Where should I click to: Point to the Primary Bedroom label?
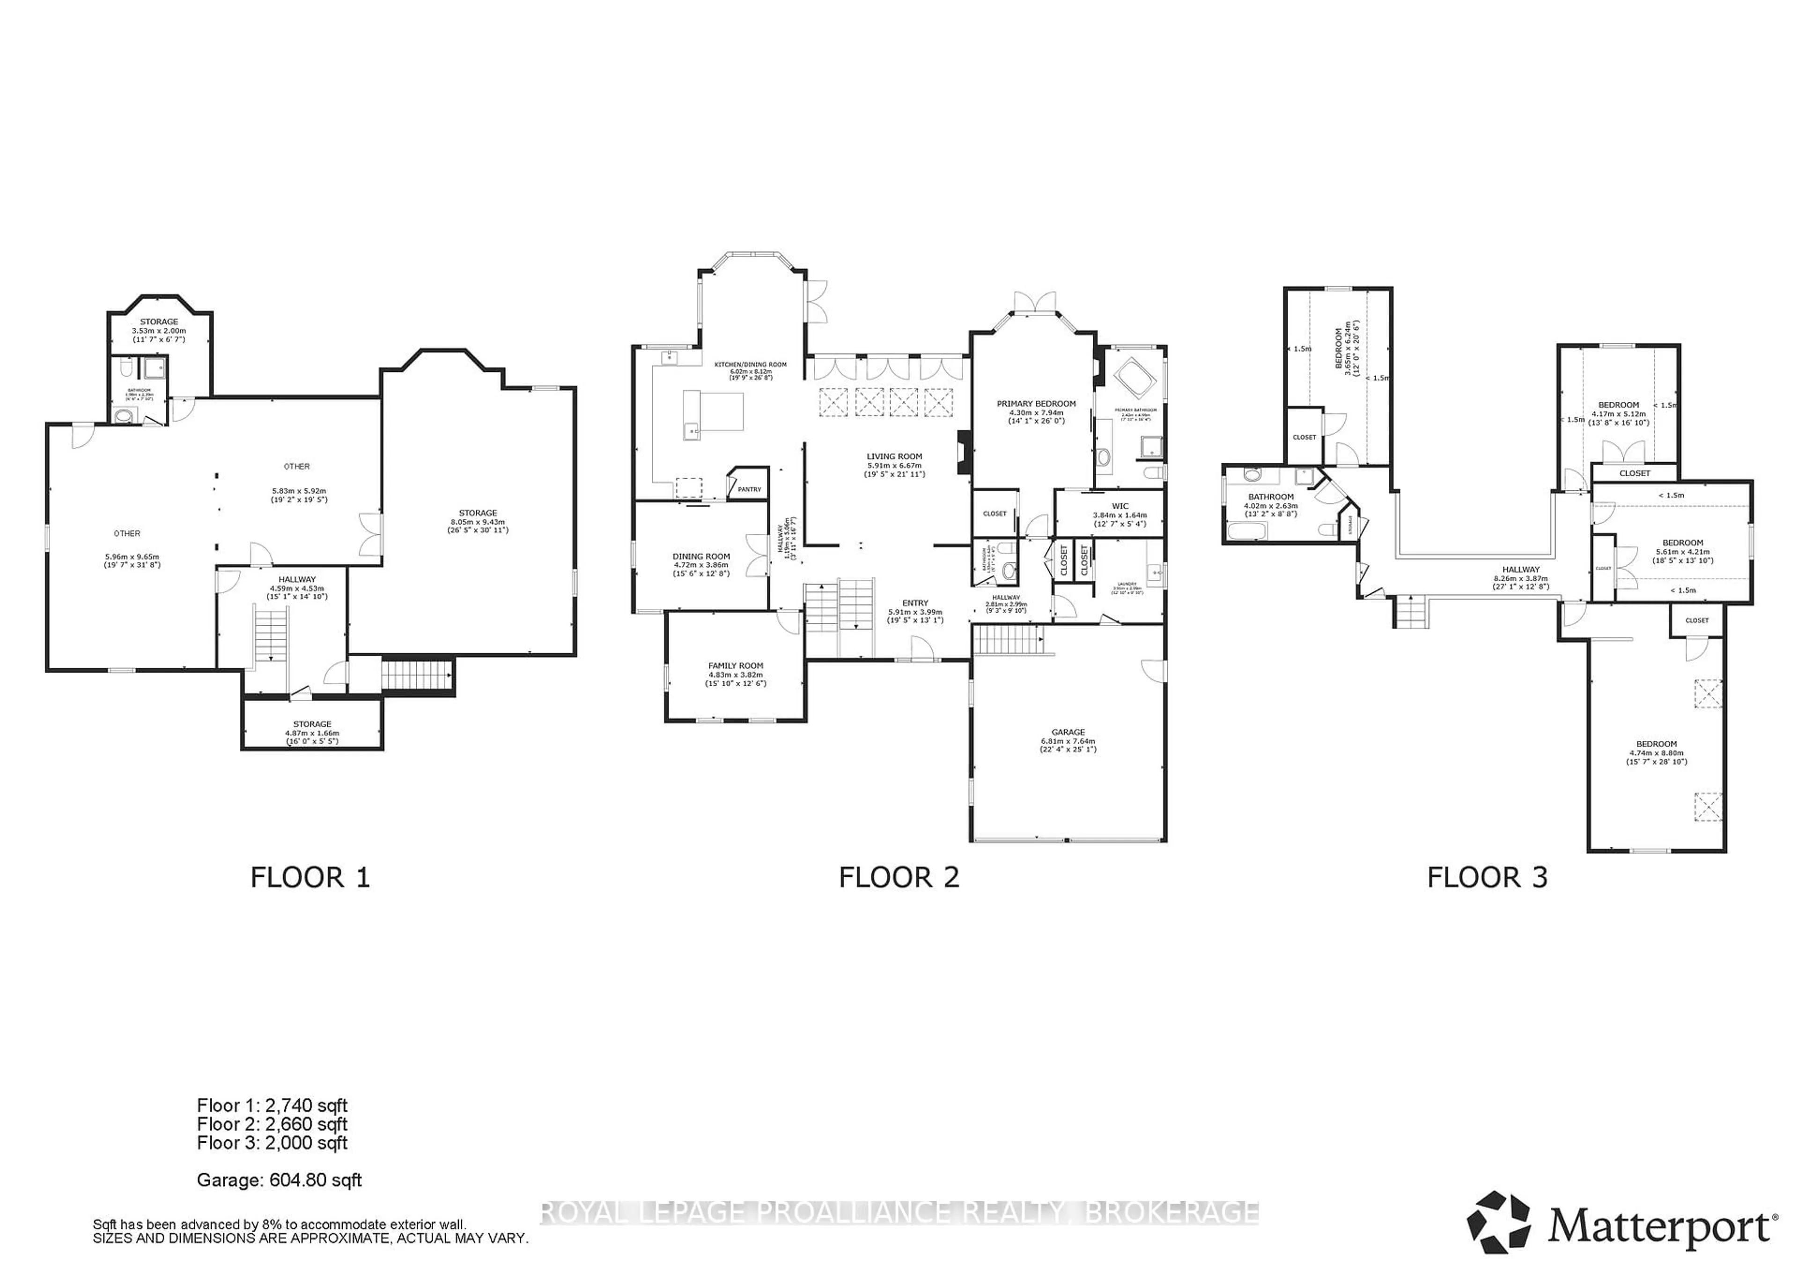point(1036,403)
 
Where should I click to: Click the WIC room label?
point(1120,506)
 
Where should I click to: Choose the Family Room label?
point(735,666)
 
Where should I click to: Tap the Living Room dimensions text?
point(894,470)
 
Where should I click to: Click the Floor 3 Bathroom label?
point(1270,496)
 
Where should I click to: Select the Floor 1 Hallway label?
point(297,580)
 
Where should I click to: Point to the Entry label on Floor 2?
point(914,603)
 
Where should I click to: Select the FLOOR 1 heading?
point(309,877)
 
